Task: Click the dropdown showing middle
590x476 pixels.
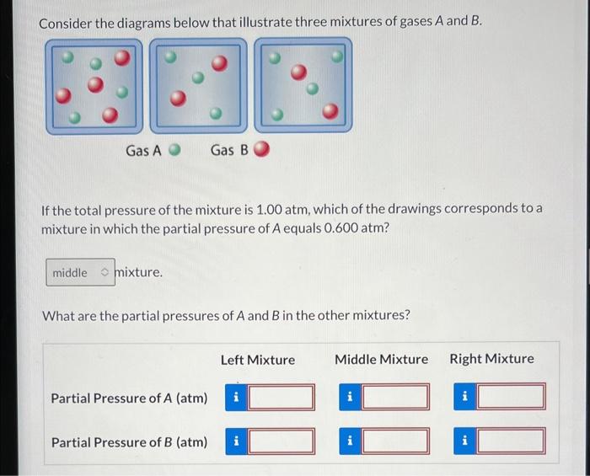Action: (x=80, y=272)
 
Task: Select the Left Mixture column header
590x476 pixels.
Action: (x=258, y=360)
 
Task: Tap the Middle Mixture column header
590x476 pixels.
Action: (x=381, y=359)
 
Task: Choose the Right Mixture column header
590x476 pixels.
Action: (x=491, y=359)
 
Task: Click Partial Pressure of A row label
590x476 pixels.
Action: (x=129, y=398)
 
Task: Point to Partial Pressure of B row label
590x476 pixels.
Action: (x=129, y=441)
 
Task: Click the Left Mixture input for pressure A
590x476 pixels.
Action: (x=281, y=397)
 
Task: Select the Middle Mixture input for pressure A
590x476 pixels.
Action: (x=394, y=397)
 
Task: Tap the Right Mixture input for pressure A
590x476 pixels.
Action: (x=510, y=397)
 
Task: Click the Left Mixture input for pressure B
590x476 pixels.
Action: (x=281, y=440)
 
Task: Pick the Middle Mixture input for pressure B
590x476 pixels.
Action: (x=394, y=440)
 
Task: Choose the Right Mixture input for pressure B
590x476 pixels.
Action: (x=510, y=440)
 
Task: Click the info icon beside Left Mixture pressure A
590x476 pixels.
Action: (x=236, y=397)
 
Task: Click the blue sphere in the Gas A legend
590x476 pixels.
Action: (x=175, y=151)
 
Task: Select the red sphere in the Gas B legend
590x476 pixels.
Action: (x=261, y=151)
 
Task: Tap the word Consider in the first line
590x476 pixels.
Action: (x=68, y=20)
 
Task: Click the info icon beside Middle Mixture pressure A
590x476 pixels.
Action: (x=351, y=397)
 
